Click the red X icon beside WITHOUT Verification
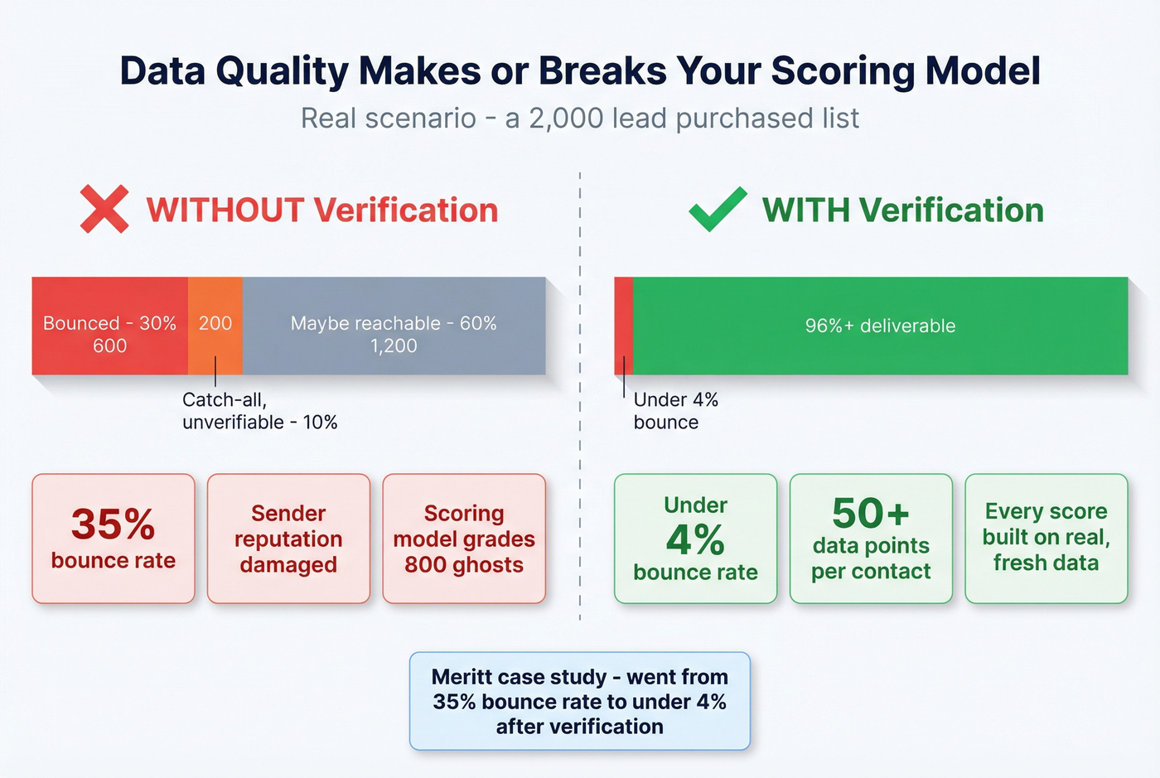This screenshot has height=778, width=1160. [104, 209]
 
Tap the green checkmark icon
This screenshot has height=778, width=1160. [718, 209]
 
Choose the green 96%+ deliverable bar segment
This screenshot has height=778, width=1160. [880, 326]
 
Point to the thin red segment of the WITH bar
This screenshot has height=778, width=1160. [623, 326]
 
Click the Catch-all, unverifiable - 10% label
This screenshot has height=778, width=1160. [259, 411]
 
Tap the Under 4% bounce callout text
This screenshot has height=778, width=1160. [675, 411]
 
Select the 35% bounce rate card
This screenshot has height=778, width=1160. [114, 539]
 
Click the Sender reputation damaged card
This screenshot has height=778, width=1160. [288, 539]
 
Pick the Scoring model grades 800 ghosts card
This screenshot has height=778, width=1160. [464, 539]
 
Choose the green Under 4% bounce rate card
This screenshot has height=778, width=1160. [695, 539]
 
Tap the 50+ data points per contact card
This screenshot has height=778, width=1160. [871, 539]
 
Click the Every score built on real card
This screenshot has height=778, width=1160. [1046, 539]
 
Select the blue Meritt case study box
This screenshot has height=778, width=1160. [579, 701]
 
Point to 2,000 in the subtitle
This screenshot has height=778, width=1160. [566, 118]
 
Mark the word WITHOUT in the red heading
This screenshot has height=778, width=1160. [225, 210]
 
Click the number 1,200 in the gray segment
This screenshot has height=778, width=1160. [394, 346]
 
